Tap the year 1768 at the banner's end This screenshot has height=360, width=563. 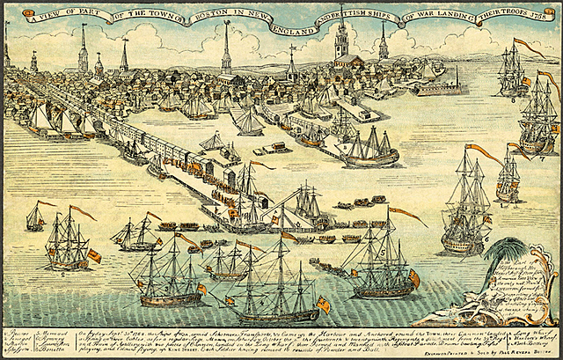pos(542,16)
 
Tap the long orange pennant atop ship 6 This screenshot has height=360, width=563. pos(484,153)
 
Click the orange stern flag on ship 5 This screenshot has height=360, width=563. pos(414,278)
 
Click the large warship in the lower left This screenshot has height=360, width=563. pos(69,242)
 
